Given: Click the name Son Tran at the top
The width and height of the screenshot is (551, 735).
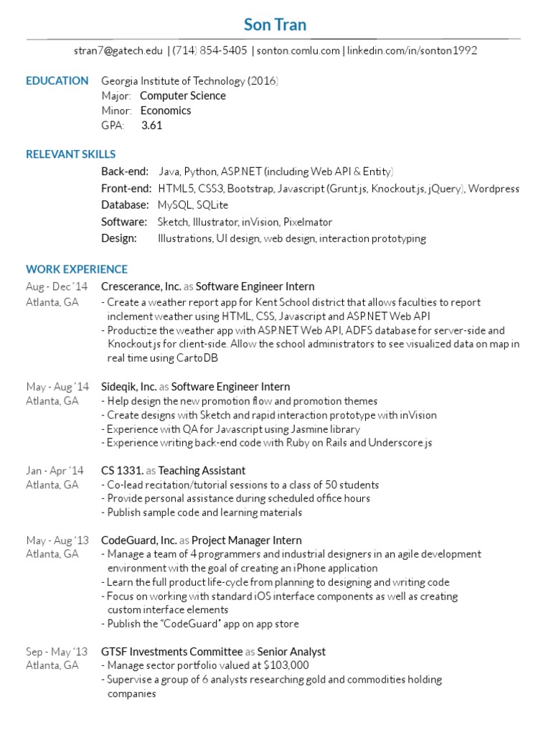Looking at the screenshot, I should pos(275,25).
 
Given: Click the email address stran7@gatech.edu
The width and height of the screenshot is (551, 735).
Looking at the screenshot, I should pos(118,51).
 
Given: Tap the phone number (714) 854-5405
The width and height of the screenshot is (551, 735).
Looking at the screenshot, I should pos(209,51).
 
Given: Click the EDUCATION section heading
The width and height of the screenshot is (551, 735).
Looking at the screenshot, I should pos(57,80).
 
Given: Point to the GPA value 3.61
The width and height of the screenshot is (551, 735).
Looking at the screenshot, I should pos(152,125).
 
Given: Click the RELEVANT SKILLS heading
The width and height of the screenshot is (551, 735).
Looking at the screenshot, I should pos(70,154).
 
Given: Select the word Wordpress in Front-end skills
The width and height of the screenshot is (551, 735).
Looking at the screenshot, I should pos(494,188).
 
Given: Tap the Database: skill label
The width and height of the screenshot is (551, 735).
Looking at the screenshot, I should pos(125,205).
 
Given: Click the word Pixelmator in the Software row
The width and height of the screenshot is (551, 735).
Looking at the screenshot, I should pos(307,222).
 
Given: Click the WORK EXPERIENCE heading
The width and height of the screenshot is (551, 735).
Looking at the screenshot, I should pos(77,269).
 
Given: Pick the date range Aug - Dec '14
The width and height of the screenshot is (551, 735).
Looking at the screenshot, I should pos(57,286).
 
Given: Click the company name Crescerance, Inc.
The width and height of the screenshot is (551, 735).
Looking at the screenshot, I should pos(141,286).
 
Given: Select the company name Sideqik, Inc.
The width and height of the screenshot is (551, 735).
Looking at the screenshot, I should pos(129,387).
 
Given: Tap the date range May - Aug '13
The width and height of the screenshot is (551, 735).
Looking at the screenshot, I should pos(57,540).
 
